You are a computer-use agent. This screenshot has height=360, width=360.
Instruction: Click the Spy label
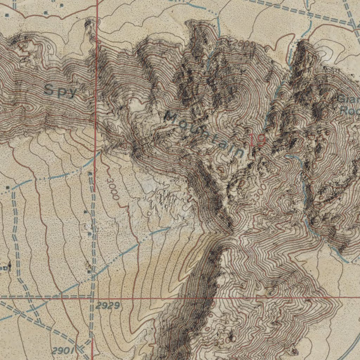click(x=60, y=91)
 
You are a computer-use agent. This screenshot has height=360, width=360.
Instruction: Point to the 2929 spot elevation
click(x=108, y=306)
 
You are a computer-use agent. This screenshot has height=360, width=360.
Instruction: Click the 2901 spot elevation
click(x=64, y=350)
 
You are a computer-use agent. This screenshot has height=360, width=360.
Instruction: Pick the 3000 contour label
click(x=113, y=189)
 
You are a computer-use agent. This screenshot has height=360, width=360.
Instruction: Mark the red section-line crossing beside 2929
click(x=93, y=297)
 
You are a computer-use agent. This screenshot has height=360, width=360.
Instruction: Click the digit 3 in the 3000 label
click(x=109, y=181)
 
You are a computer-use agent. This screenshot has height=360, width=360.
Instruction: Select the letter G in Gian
click(x=341, y=99)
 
